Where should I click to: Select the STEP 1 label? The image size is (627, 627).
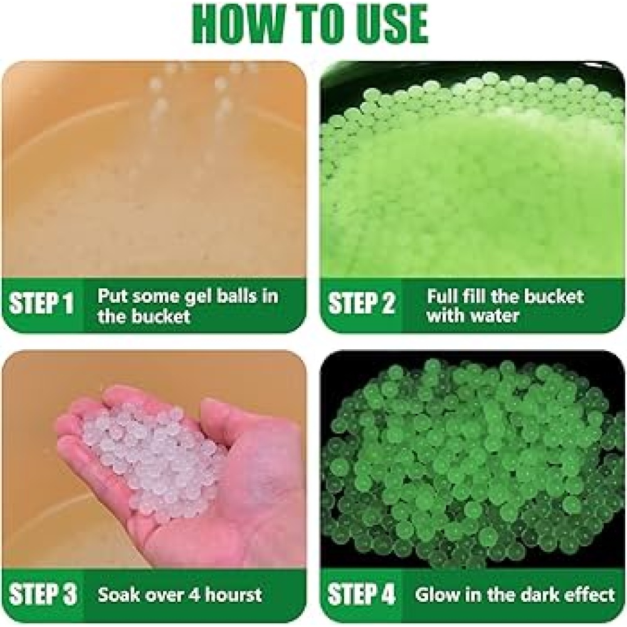point(41,303)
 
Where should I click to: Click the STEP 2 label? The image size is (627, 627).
point(361,303)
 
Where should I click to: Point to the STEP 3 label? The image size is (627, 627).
point(43,594)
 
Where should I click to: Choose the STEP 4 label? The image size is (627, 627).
point(361,594)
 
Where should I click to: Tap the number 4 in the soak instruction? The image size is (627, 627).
point(196,594)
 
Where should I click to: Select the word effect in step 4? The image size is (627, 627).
point(588,594)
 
